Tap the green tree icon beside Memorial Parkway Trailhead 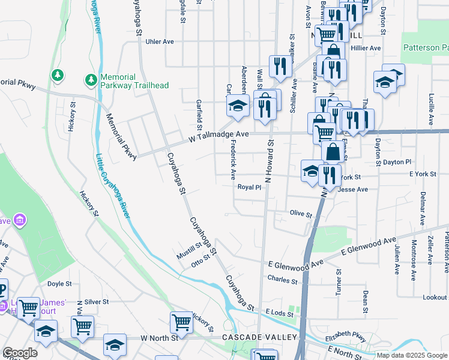91,79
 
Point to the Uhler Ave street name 160,41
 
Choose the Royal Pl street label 250,187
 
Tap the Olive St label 301,214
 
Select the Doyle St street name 59,284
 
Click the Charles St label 282,280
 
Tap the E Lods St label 278,313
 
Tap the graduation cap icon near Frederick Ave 238,107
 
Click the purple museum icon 20,220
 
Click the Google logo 20,353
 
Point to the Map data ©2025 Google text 411,355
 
